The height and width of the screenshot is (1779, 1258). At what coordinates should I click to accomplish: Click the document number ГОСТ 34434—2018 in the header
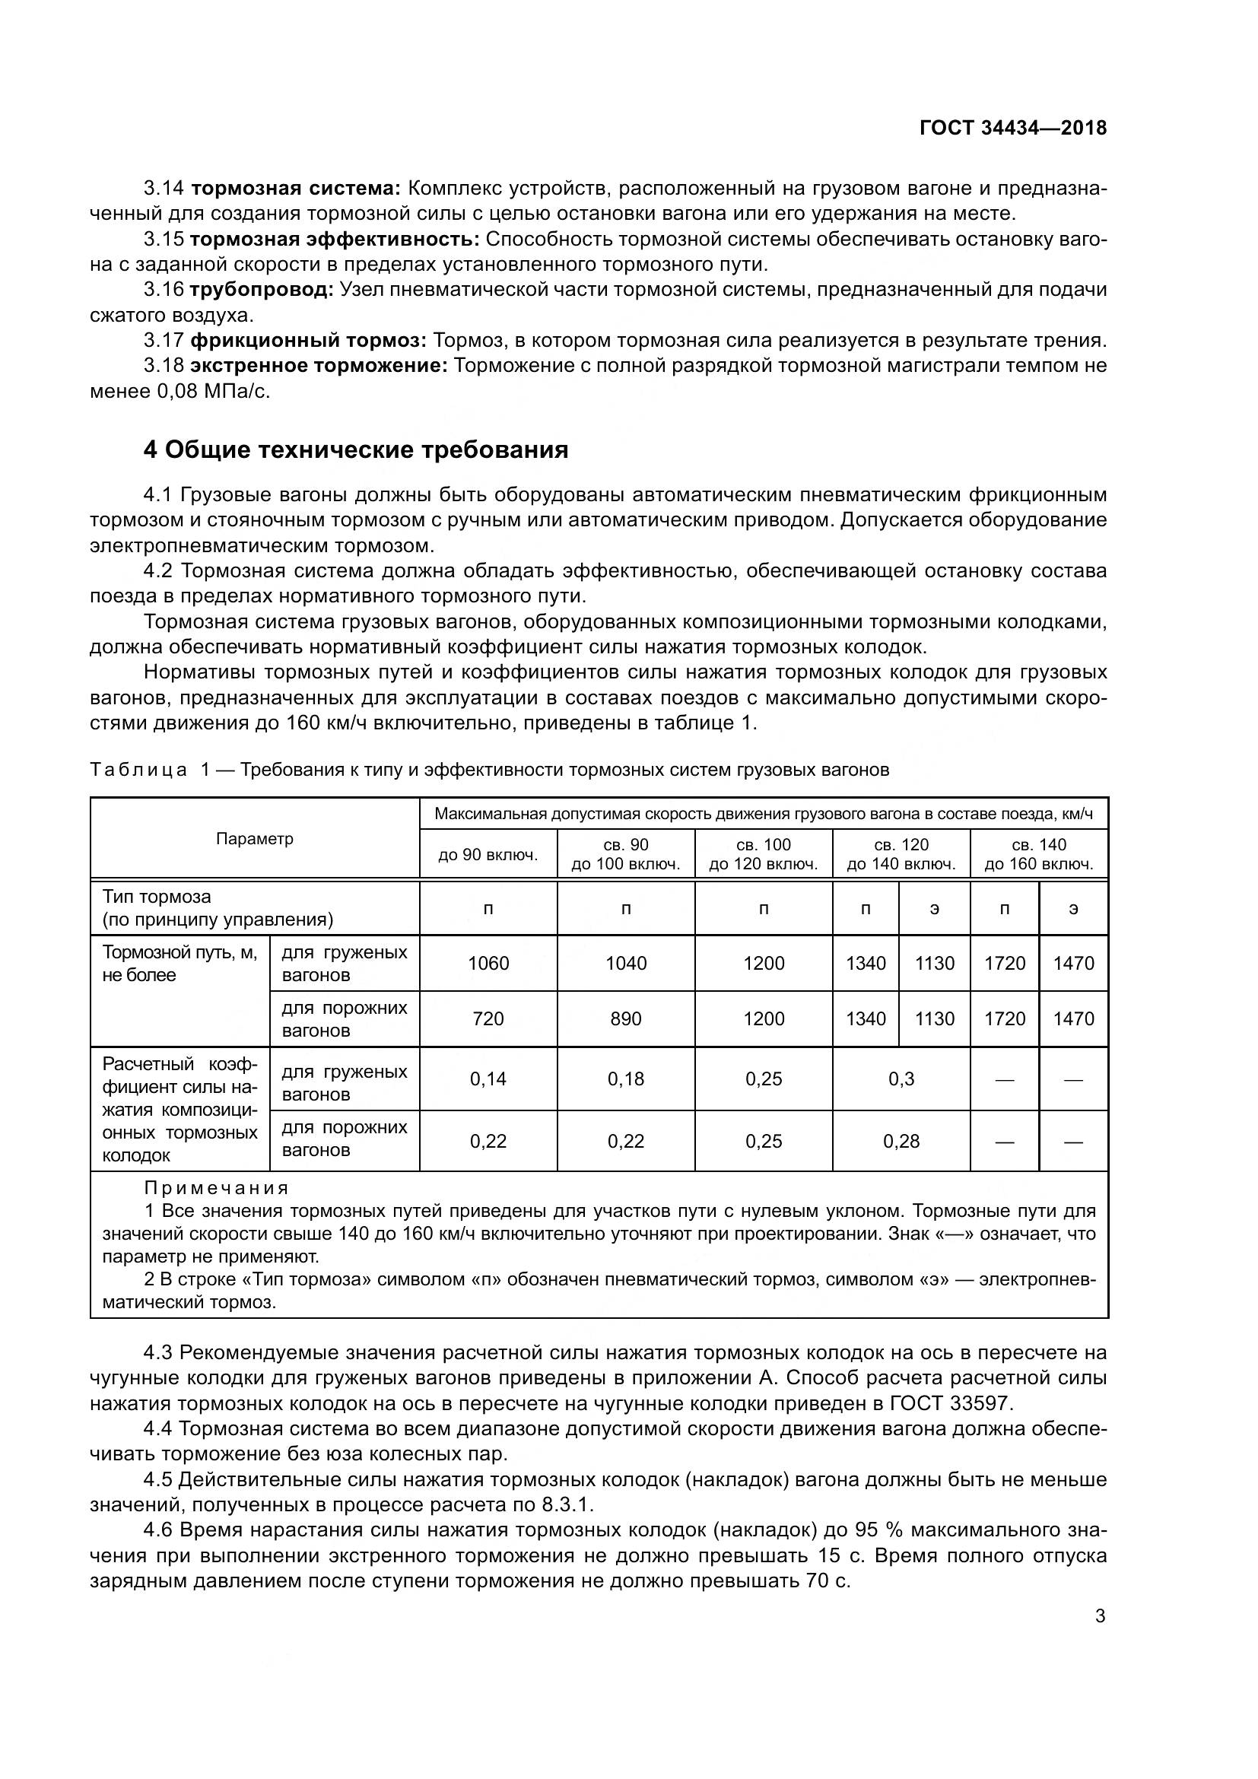1012,128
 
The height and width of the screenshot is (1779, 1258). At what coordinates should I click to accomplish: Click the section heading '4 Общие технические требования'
355,450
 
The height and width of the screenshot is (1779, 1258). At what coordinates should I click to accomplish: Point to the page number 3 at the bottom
1100,1616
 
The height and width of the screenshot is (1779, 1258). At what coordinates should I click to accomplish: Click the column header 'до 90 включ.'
488,855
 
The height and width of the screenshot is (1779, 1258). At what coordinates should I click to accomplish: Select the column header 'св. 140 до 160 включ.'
1039,855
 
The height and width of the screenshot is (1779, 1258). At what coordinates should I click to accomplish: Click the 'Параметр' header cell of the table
255,839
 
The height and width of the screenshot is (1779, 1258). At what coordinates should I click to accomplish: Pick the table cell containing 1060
488,963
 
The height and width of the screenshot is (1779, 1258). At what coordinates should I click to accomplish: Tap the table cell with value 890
626,1019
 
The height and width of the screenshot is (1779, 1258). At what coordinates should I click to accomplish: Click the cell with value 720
488,1019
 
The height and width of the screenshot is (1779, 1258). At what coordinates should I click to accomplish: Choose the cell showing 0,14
488,1079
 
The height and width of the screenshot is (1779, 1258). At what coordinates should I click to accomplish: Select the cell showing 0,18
626,1079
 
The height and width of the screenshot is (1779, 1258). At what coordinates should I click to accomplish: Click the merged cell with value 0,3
901,1079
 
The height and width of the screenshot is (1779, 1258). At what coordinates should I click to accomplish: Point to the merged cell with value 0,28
901,1142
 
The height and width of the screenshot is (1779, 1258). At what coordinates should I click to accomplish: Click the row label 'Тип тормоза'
157,897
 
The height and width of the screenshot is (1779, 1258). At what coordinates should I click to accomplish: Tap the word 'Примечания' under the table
216,1189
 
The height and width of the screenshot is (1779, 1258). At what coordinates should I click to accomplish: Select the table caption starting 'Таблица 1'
489,770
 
